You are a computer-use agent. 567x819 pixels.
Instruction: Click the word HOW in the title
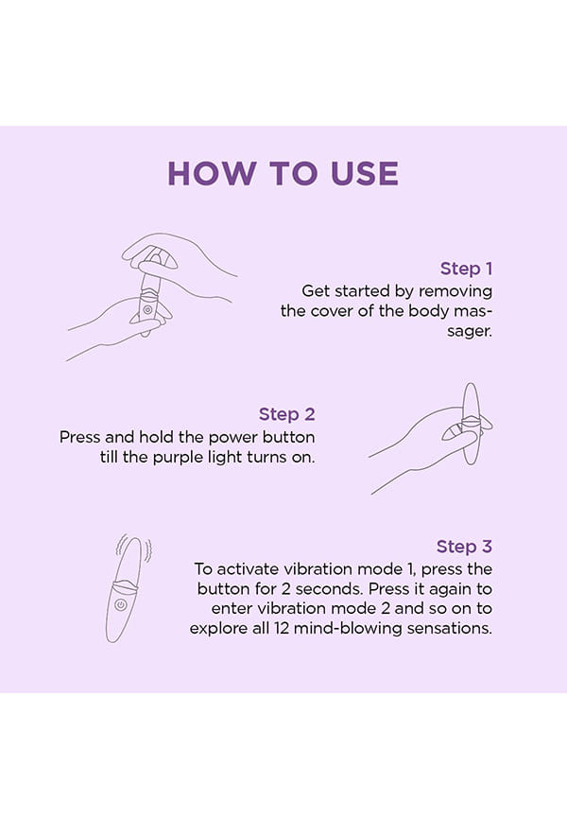pyautogui.click(x=212, y=173)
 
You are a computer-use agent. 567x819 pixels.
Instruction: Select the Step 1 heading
pyautogui.click(x=466, y=269)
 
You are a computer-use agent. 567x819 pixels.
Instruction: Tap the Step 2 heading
pyautogui.click(x=286, y=414)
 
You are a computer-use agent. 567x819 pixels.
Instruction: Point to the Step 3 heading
pyautogui.click(x=464, y=547)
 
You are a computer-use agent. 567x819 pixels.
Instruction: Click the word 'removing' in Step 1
pyautogui.click(x=455, y=291)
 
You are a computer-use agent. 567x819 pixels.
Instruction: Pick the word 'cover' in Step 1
pyautogui.click(x=332, y=311)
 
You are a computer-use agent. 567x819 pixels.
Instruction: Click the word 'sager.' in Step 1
pyautogui.click(x=470, y=331)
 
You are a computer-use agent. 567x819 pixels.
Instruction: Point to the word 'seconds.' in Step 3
pyautogui.click(x=329, y=588)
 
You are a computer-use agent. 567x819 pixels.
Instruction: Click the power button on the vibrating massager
pyautogui.click(x=121, y=605)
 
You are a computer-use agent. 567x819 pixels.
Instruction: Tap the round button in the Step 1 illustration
pyautogui.click(x=147, y=310)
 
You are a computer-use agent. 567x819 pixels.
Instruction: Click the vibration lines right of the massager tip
pyautogui.click(x=148, y=552)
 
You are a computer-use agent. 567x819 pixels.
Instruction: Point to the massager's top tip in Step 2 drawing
pyautogui.click(x=472, y=384)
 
